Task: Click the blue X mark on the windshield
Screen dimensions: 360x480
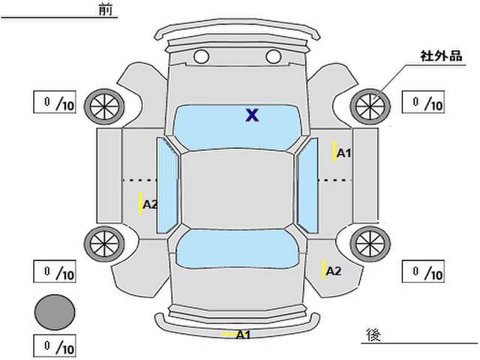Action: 253,115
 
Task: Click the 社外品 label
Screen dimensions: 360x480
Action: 440,56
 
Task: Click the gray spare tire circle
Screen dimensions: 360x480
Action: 55,311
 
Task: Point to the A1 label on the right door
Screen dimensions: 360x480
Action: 344,153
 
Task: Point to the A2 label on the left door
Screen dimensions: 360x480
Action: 149,204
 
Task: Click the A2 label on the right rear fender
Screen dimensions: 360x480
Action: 334,271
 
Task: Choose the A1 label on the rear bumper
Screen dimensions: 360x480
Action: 243,334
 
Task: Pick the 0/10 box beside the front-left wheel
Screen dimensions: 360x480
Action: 55,103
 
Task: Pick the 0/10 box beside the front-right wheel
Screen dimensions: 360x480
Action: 424,103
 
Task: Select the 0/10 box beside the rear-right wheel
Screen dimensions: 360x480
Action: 424,271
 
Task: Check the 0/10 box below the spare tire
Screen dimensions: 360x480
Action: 55,347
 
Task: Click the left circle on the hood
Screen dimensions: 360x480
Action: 200,56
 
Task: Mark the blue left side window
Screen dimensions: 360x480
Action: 167,184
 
